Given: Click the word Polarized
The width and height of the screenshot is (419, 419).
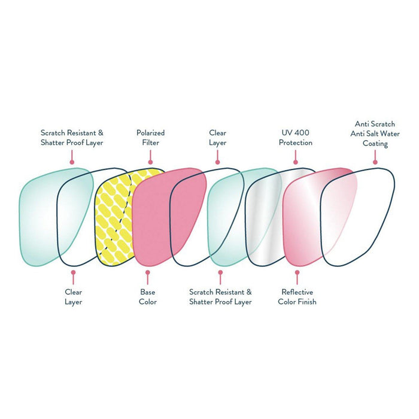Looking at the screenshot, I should point(150,133).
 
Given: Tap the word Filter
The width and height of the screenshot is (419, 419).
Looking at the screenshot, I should point(150,143).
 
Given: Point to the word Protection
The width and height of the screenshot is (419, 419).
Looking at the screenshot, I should point(296,143).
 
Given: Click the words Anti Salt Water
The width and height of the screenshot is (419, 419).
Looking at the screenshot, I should point(375,133).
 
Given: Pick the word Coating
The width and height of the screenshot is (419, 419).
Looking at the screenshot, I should point(375,144).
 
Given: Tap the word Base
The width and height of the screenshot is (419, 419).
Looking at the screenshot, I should point(147,292).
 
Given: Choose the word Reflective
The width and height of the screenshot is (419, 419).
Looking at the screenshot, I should point(297,292).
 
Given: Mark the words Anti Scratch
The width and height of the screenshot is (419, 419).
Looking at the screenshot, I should point(375,124).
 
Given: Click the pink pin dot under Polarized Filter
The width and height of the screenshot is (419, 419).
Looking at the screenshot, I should point(150,161).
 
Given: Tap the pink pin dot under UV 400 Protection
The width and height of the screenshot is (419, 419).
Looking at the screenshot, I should point(296,161).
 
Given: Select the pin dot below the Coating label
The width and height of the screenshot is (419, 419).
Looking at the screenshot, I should point(375,161).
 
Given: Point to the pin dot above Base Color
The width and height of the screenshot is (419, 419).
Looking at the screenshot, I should point(147,273).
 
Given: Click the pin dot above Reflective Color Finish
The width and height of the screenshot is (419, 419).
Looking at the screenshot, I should point(297,273).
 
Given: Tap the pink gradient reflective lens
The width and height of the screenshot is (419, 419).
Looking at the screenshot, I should point(305,215).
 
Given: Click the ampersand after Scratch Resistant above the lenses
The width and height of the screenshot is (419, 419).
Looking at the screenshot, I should point(100,133).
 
